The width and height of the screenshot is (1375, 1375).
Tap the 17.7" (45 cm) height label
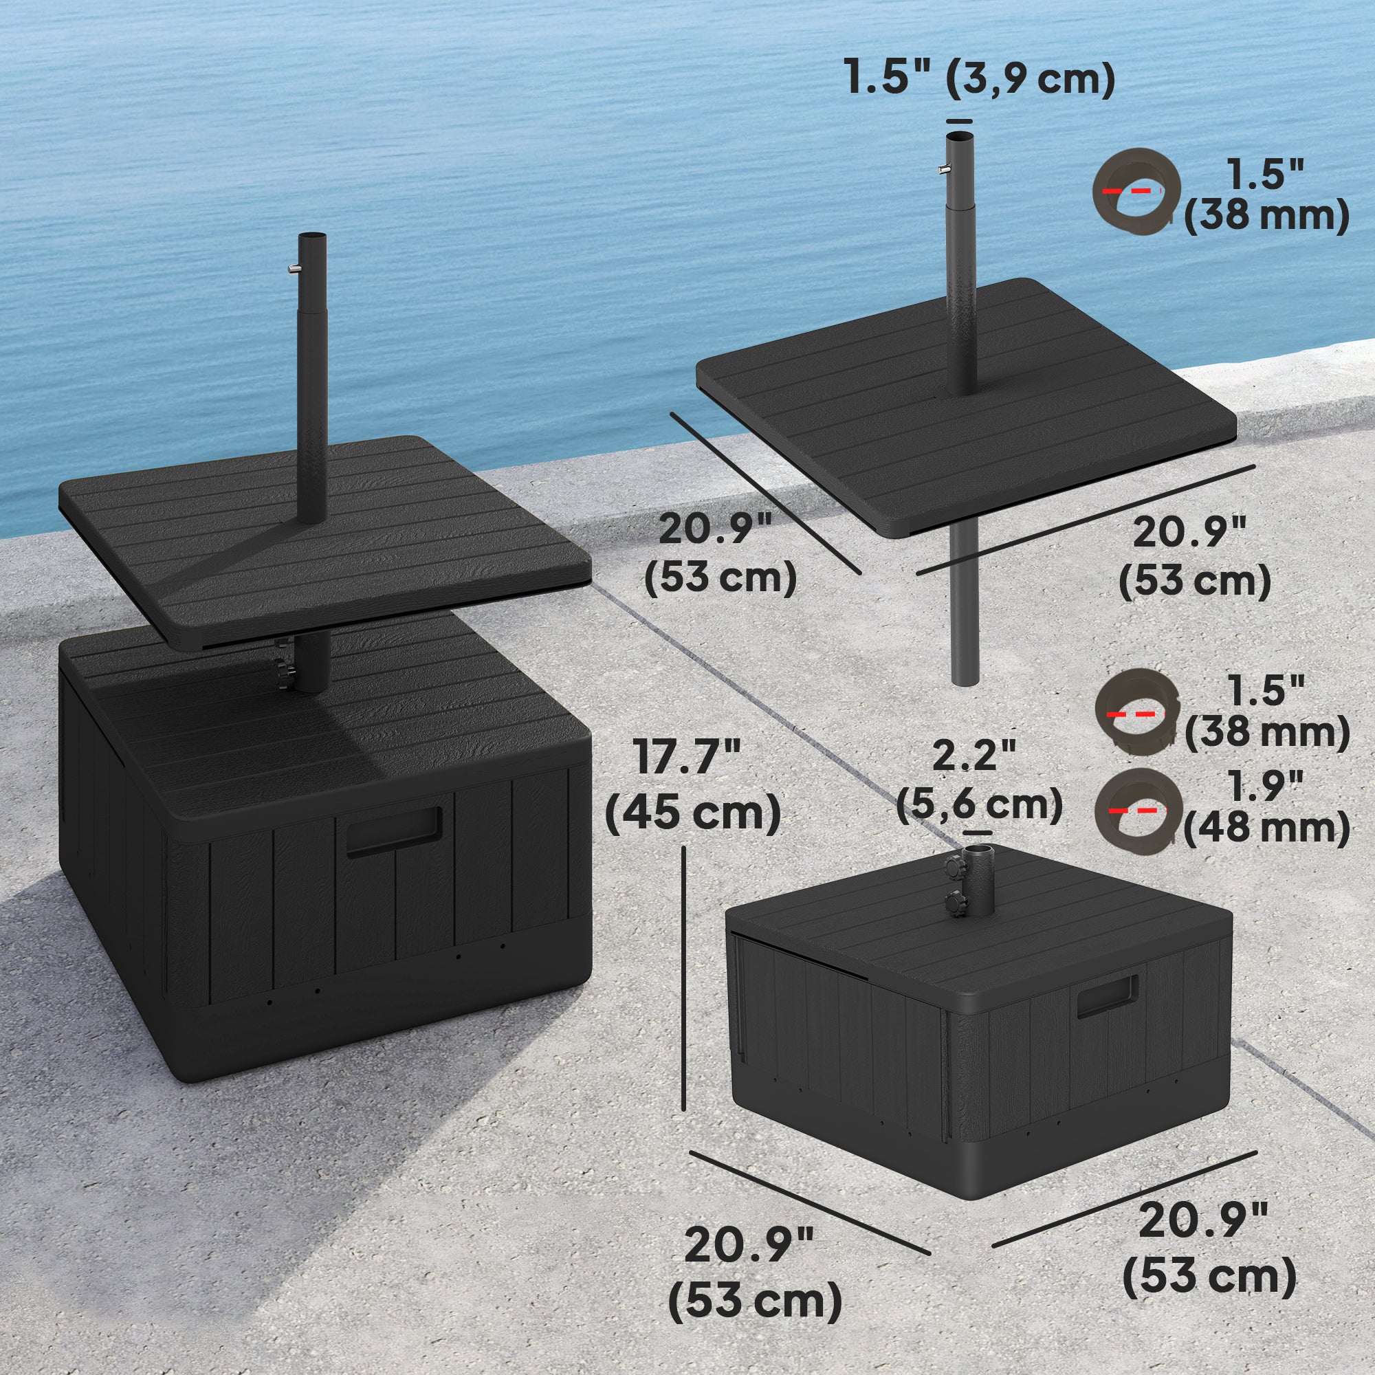click(x=692, y=786)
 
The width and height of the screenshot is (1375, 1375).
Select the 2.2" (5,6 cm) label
click(x=980, y=780)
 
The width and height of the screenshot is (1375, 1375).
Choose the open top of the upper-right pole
click(x=959, y=136)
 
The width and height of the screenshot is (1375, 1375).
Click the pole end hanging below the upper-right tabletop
click(x=965, y=681)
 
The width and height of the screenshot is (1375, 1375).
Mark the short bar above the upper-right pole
click(x=958, y=122)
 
